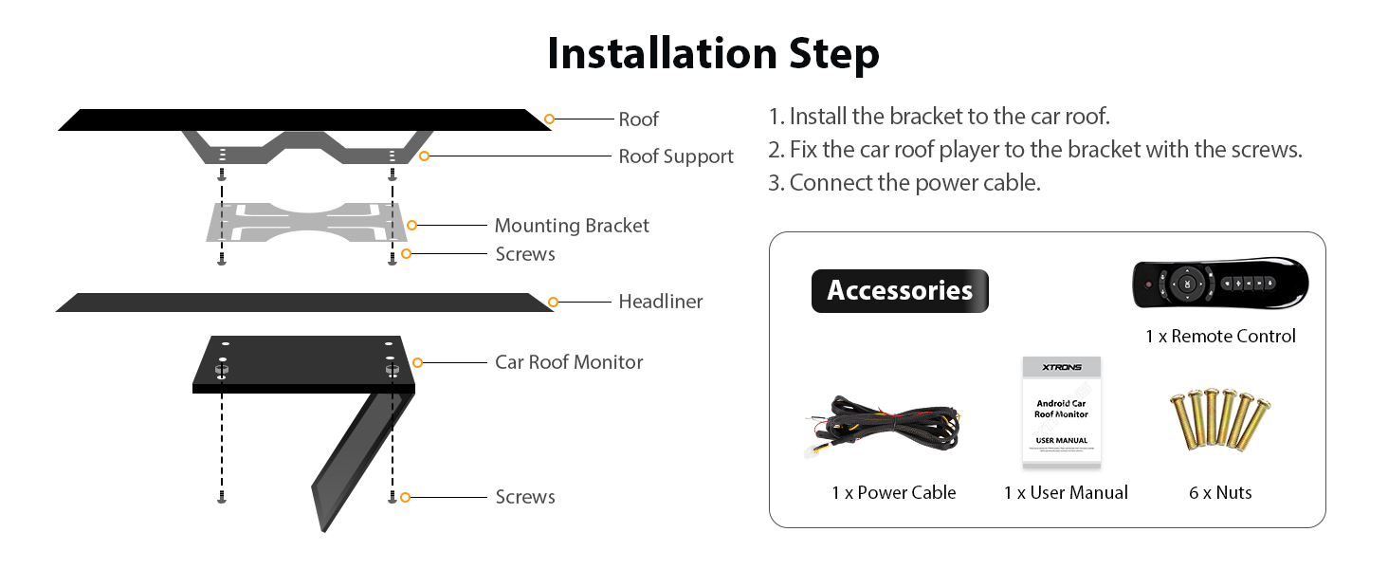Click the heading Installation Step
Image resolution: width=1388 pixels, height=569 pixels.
pyautogui.click(x=713, y=54)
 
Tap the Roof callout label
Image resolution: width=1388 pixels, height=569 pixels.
pyautogui.click(x=638, y=119)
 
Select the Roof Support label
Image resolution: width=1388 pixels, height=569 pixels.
pyautogui.click(x=676, y=156)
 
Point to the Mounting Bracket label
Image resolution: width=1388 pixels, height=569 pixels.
pyautogui.click(x=572, y=226)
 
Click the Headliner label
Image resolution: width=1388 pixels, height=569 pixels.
pyautogui.click(x=660, y=302)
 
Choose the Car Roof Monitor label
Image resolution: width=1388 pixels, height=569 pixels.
pyautogui.click(x=569, y=362)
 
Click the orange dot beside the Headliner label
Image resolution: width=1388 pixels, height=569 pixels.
pyautogui.click(x=553, y=302)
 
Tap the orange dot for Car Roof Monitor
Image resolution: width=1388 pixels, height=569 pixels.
pyautogui.click(x=416, y=362)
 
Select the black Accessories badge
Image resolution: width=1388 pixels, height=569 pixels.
pyautogui.click(x=899, y=290)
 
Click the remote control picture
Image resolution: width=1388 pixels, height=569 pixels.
pyautogui.click(x=1220, y=284)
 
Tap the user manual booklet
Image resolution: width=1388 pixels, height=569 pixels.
pyautogui.click(x=1061, y=413)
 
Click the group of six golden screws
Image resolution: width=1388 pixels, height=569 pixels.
pyautogui.click(x=1219, y=422)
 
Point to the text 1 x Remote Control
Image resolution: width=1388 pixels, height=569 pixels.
pyautogui.click(x=1219, y=337)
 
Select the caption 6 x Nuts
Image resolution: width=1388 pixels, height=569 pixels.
pyautogui.click(x=1220, y=493)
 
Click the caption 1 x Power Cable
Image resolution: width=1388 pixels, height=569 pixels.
pyautogui.click(x=893, y=493)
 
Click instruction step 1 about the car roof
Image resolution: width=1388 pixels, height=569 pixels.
pyautogui.click(x=938, y=117)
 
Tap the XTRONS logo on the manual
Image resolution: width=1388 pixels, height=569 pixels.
pyautogui.click(x=1061, y=367)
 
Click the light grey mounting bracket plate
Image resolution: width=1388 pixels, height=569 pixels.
pyautogui.click(x=308, y=222)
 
